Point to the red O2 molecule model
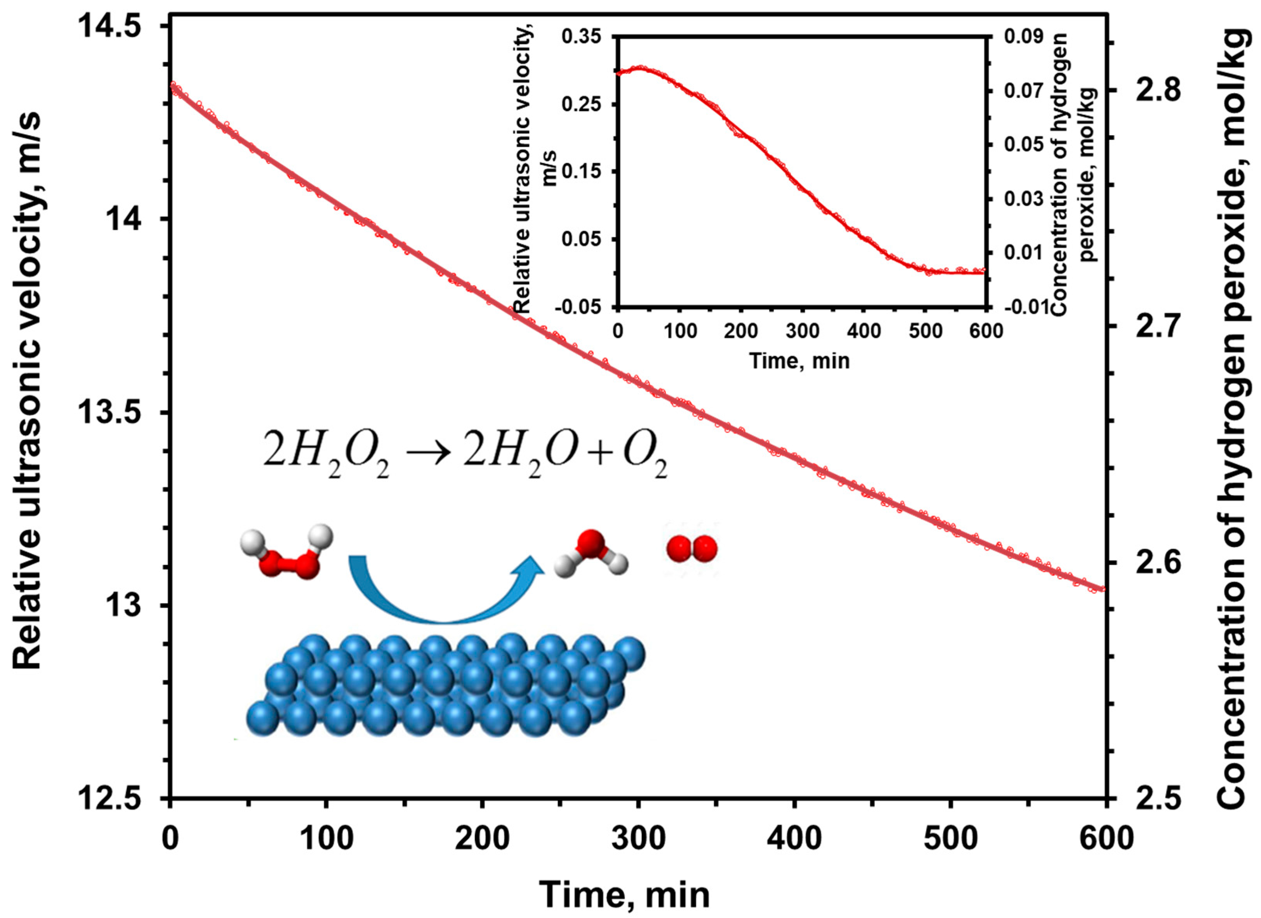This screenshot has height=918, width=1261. (x=692, y=549)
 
